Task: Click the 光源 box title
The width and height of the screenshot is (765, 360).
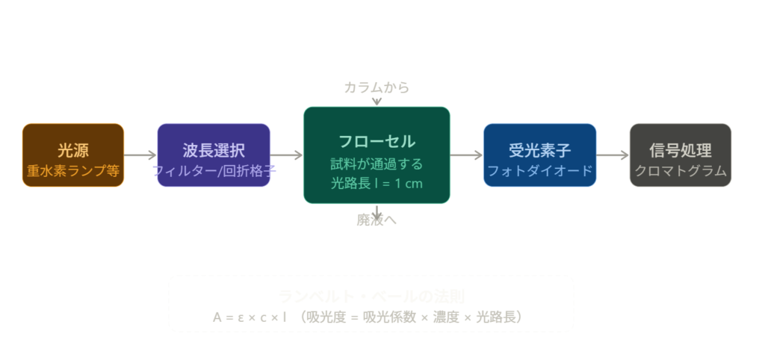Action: (x=73, y=149)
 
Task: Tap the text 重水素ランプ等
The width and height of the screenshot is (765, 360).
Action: (x=73, y=170)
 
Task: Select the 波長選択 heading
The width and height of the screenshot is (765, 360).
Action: (x=214, y=149)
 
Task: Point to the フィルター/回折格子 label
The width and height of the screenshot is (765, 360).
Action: (x=214, y=170)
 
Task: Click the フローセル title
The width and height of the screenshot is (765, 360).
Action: (x=377, y=141)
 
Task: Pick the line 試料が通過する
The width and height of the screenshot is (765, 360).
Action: (x=377, y=163)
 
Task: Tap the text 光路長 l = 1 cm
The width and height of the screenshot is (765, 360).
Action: (x=377, y=182)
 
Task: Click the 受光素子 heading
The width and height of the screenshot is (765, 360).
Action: (x=539, y=149)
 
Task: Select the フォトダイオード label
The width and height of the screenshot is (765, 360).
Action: (x=539, y=170)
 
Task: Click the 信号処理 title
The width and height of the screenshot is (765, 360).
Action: (x=680, y=149)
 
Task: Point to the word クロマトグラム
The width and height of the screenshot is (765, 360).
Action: (x=680, y=170)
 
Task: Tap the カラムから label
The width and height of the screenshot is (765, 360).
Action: (x=377, y=87)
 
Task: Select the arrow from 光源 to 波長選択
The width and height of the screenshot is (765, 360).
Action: (x=140, y=155)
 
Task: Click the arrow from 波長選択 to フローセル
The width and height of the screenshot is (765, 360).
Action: (x=287, y=155)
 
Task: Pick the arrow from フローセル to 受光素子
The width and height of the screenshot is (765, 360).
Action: (x=467, y=155)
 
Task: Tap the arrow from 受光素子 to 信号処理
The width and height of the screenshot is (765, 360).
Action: (x=613, y=155)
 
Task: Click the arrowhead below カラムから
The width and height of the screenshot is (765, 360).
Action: (x=377, y=102)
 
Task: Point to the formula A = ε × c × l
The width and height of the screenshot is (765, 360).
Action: (x=251, y=317)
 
